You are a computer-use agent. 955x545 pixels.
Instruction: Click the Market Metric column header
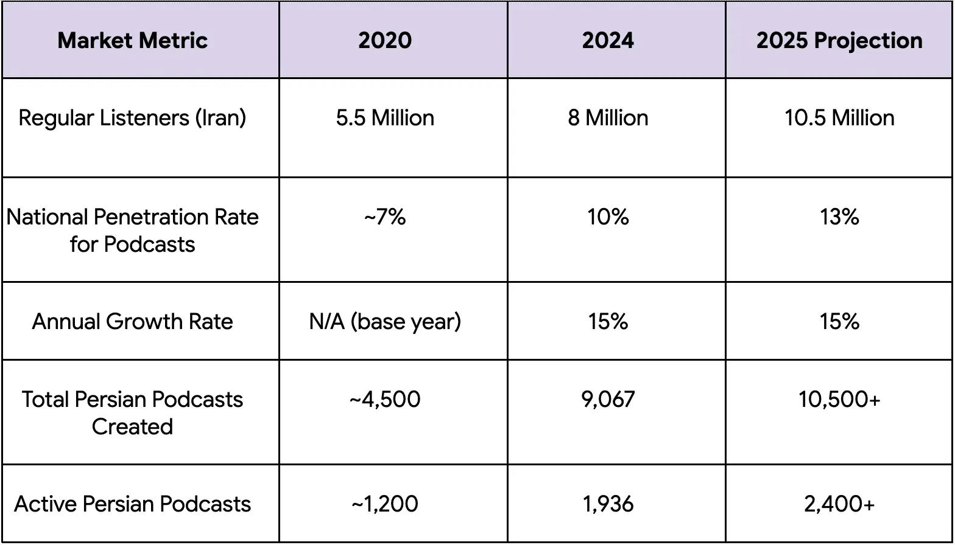click(x=133, y=41)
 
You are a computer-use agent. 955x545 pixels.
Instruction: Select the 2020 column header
click(x=385, y=41)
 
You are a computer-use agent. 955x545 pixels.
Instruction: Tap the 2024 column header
click(x=608, y=41)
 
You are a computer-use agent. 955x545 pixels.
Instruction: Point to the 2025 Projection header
click(x=839, y=41)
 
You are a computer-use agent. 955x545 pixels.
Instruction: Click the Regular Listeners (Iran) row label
click(x=133, y=117)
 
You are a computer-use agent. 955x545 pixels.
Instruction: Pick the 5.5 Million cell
click(x=385, y=117)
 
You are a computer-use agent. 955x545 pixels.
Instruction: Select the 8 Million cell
click(x=608, y=117)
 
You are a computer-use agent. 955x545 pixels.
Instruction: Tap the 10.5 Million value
click(x=839, y=117)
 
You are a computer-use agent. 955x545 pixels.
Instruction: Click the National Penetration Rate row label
click(x=133, y=231)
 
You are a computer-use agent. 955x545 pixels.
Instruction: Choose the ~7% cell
click(x=385, y=217)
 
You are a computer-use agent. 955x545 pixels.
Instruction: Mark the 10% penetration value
click(x=608, y=217)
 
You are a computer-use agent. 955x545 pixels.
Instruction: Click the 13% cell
click(x=839, y=217)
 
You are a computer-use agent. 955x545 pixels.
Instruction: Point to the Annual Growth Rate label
click(x=133, y=321)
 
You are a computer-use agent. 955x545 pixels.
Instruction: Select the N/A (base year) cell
click(x=385, y=321)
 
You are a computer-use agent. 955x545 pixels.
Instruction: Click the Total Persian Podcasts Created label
click(x=133, y=412)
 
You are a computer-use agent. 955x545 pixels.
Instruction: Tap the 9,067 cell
click(x=608, y=400)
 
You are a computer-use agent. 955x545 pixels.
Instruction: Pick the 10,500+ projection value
click(x=839, y=400)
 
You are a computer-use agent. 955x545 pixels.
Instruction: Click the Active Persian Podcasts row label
click(x=133, y=504)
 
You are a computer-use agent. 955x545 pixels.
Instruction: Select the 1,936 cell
click(x=608, y=504)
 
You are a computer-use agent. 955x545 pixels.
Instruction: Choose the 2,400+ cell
click(x=839, y=504)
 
